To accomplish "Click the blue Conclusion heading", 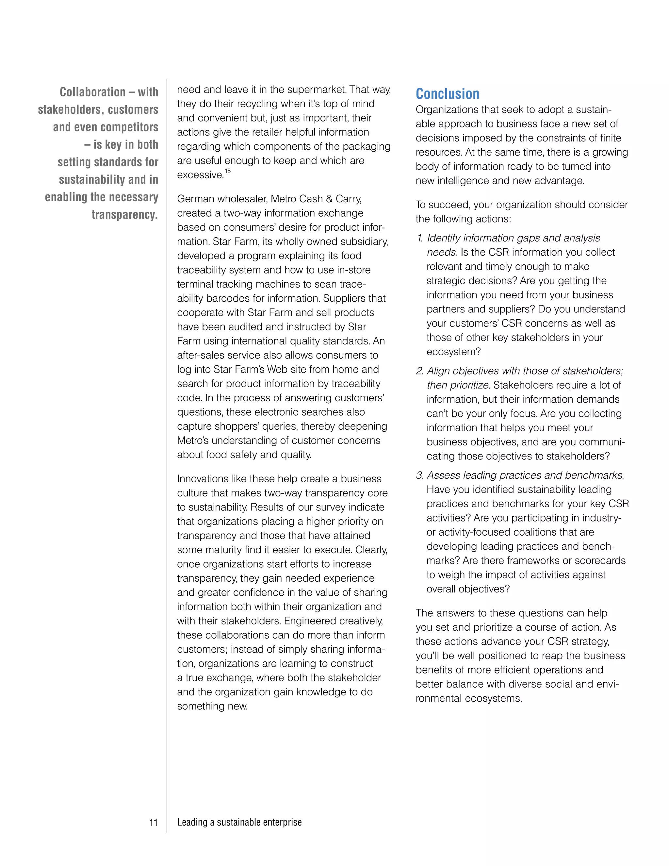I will tap(447, 94).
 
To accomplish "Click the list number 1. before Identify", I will tap(420, 238).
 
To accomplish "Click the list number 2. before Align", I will tap(420, 371).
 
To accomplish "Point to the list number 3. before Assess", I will tap(420, 475).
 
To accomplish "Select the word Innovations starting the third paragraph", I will tap(201, 479).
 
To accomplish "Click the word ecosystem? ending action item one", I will tap(453, 352).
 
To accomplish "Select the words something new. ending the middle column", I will tap(212, 706).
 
